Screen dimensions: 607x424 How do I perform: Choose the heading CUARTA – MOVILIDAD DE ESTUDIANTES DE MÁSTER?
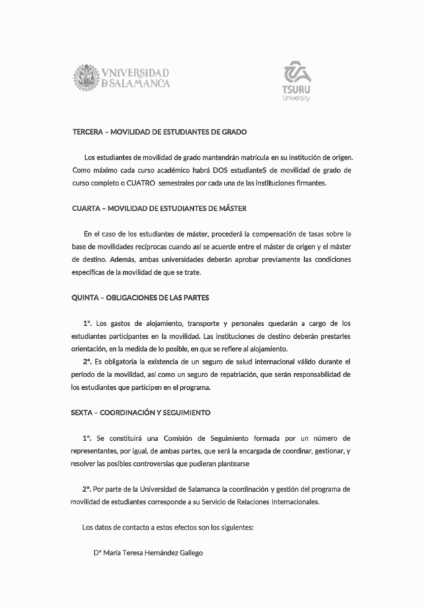[164, 208]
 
